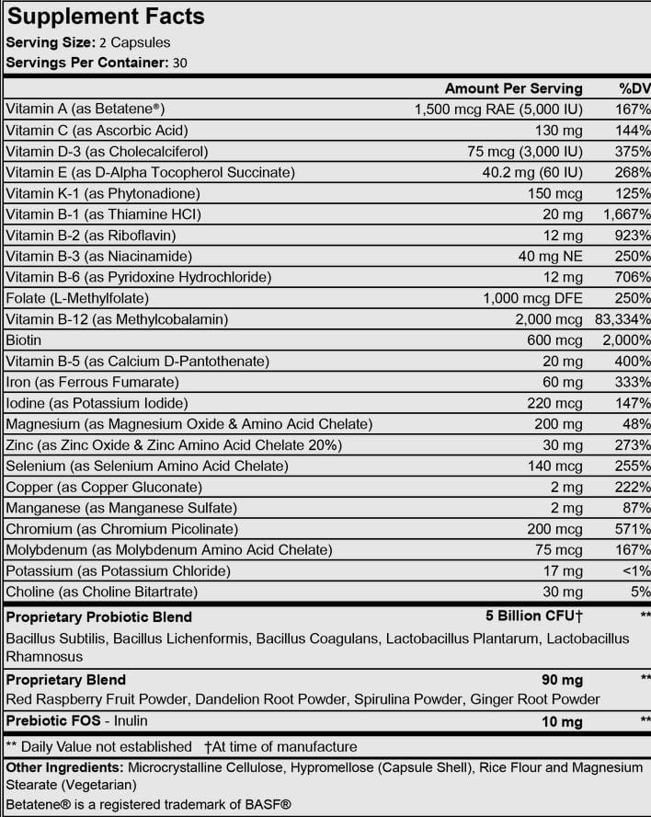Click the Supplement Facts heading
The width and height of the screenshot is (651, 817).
106,17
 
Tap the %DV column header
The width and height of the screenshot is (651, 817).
634,88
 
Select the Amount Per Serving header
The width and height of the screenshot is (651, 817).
513,88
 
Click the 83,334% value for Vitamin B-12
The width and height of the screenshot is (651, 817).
622,319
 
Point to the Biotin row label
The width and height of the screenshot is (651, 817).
24,340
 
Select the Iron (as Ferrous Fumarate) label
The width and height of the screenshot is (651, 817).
92,382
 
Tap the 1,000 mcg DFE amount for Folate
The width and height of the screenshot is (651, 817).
532,298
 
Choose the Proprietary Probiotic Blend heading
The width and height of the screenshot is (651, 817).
99,616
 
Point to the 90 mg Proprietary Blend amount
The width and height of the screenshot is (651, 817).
563,680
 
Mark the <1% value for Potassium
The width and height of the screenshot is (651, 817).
634,571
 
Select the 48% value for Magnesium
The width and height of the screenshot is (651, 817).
637,424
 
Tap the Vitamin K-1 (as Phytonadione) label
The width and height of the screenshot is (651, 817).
103,193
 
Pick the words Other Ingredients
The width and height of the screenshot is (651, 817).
64,767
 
